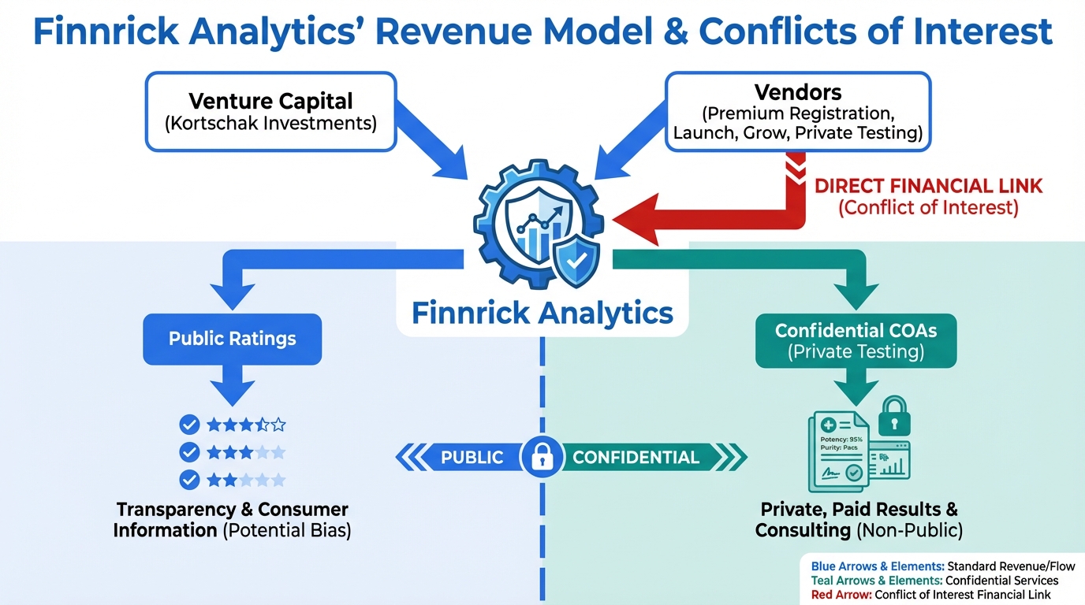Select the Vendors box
coord(798,112)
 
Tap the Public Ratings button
coord(232,340)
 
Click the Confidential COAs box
coord(856,340)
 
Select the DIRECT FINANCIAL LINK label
coord(928,187)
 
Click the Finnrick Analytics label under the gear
coord(542,313)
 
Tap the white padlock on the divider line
coord(542,457)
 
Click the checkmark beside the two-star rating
coord(189,479)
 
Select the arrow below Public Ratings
coord(232,387)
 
